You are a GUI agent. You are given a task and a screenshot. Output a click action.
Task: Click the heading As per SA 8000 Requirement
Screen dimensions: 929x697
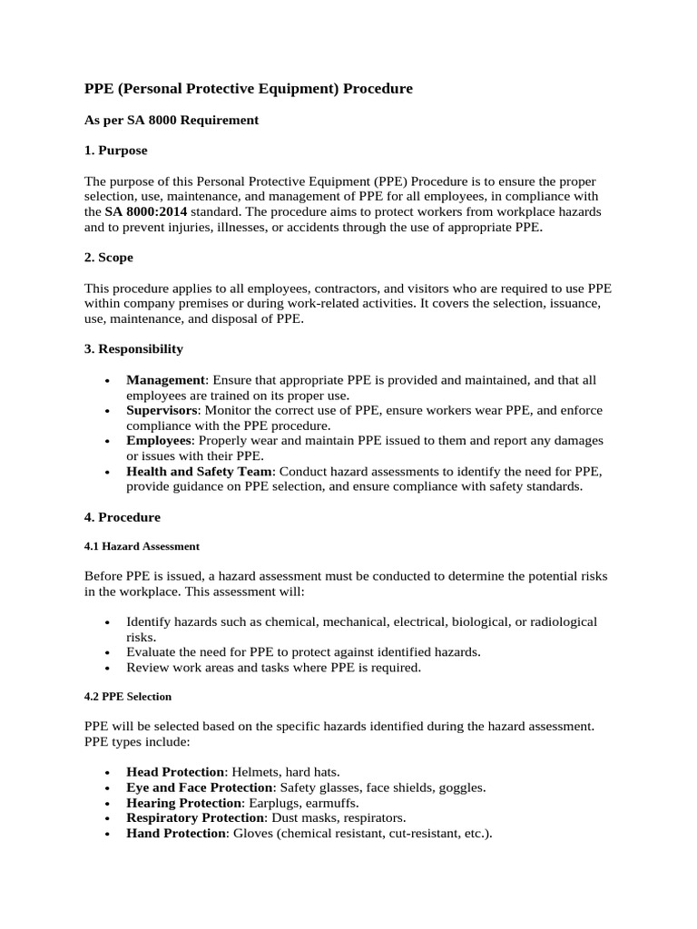tap(172, 120)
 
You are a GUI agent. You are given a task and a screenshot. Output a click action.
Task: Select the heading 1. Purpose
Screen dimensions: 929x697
tap(115, 150)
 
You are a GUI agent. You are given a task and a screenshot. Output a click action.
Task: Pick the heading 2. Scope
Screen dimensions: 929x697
tap(109, 258)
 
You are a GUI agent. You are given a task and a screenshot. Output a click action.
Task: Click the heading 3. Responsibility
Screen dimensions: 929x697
tap(133, 348)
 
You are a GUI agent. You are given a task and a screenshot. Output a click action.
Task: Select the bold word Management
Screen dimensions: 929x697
tap(166, 380)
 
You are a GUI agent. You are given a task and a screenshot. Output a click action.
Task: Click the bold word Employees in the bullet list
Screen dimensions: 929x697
tap(160, 440)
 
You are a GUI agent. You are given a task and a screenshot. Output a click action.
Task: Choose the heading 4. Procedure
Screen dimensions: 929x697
tap(123, 517)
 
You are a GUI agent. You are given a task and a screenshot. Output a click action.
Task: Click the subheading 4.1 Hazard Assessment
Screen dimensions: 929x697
tap(142, 547)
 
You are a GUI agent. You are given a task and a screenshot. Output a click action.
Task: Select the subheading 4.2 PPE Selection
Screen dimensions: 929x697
tap(128, 697)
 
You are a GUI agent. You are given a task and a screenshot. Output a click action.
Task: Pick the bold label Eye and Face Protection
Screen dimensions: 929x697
tap(200, 787)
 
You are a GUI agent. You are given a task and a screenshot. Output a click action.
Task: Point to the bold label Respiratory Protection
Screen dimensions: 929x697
tap(195, 818)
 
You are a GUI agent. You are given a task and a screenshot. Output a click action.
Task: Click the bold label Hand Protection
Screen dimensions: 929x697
tap(175, 834)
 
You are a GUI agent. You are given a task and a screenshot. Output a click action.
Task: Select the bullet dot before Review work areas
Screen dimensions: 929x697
tap(108, 669)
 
